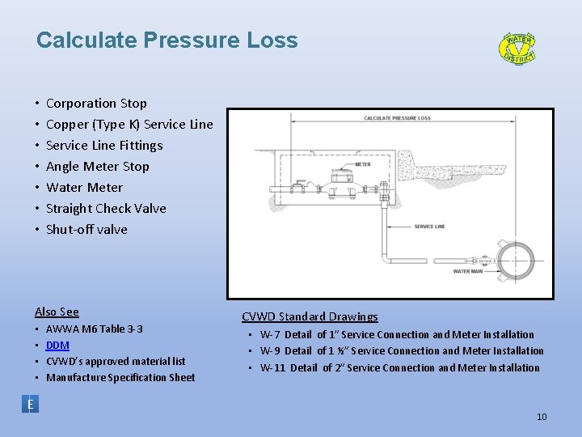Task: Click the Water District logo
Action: (517, 48)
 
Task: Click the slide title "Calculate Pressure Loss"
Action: (167, 40)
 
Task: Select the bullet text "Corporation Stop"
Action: (96, 103)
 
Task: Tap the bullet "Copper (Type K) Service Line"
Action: (129, 124)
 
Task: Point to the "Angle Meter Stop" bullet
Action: (98, 166)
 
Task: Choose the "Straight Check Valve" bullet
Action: (106, 208)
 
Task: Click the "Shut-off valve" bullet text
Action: (86, 229)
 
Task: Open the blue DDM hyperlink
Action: (57, 345)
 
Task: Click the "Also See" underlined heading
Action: (57, 312)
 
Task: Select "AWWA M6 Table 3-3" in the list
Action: (95, 329)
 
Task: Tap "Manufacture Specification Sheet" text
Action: (120, 377)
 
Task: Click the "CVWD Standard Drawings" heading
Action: (310, 316)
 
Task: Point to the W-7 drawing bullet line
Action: (397, 334)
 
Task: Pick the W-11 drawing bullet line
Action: (399, 367)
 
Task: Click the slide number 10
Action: (542, 417)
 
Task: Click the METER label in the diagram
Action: (363, 164)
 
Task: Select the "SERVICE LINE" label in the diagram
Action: (429, 227)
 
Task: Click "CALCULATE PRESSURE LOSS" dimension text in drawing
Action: (397, 118)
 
